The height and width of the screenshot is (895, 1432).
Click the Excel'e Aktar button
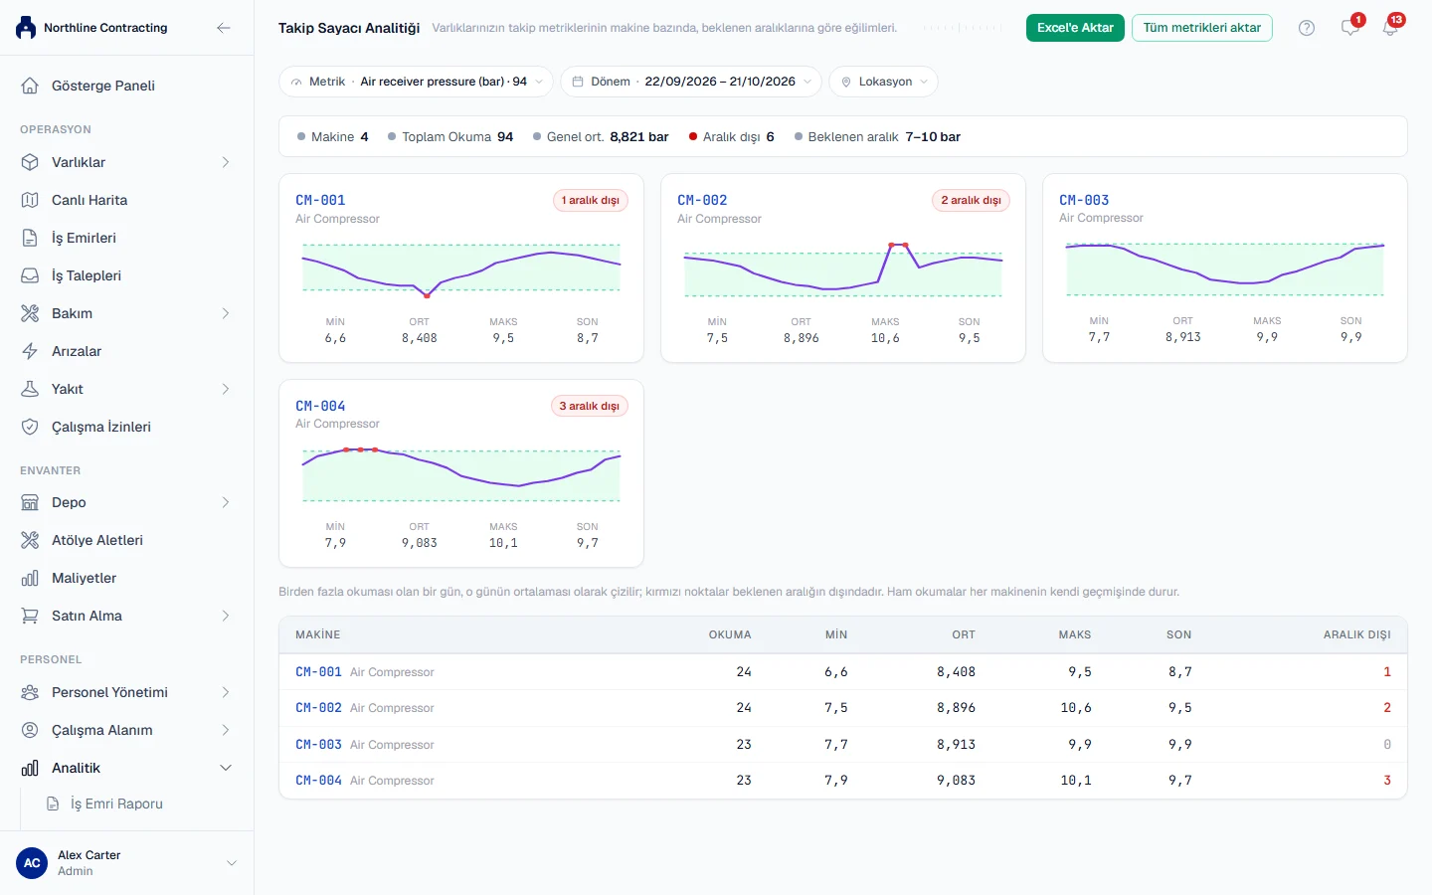(1075, 28)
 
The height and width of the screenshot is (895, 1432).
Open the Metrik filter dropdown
(416, 82)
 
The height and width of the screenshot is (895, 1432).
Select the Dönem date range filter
(690, 82)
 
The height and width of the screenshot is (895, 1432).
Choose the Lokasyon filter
(883, 82)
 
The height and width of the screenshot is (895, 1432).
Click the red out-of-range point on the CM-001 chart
(427, 296)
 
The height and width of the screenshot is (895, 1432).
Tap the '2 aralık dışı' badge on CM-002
(971, 200)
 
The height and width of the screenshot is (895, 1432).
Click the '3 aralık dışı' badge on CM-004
(589, 406)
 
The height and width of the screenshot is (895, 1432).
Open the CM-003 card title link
(1084, 200)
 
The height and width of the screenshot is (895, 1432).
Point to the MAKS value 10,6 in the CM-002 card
(885, 338)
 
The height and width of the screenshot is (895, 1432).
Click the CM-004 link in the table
(318, 780)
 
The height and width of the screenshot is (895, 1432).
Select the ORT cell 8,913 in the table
(956, 744)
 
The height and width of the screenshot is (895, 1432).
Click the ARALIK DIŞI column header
(1356, 634)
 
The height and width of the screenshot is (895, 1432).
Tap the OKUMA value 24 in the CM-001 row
(744, 672)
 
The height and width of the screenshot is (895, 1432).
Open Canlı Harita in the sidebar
(89, 200)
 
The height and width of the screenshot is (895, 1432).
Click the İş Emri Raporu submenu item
(116, 804)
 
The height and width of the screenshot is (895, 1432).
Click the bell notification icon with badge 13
(1390, 28)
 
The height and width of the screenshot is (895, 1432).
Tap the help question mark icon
(1306, 28)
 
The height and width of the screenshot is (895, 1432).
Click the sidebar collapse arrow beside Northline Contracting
(223, 28)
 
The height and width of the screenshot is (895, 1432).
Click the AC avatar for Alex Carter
(32, 863)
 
